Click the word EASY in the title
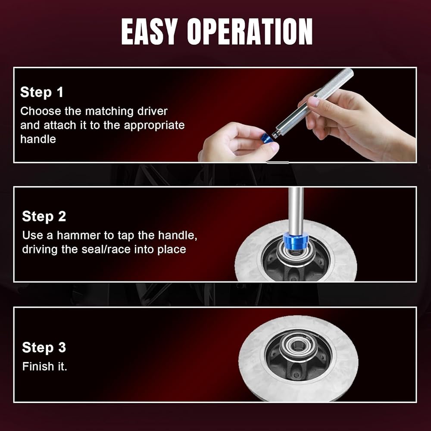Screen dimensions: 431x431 coord(148,31)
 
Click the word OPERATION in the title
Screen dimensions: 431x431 coord(250,31)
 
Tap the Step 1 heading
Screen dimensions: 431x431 coord(41,92)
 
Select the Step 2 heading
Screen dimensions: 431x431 coord(44,216)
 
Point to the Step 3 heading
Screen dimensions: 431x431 coord(44,347)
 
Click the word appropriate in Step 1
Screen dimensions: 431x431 coord(154,126)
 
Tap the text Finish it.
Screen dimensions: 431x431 coord(45,367)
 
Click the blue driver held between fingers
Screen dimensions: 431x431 coord(267,138)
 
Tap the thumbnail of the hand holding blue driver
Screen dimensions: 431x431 coord(275,147)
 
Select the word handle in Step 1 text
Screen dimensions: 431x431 coord(38,139)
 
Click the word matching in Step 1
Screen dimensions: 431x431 coord(109,112)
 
